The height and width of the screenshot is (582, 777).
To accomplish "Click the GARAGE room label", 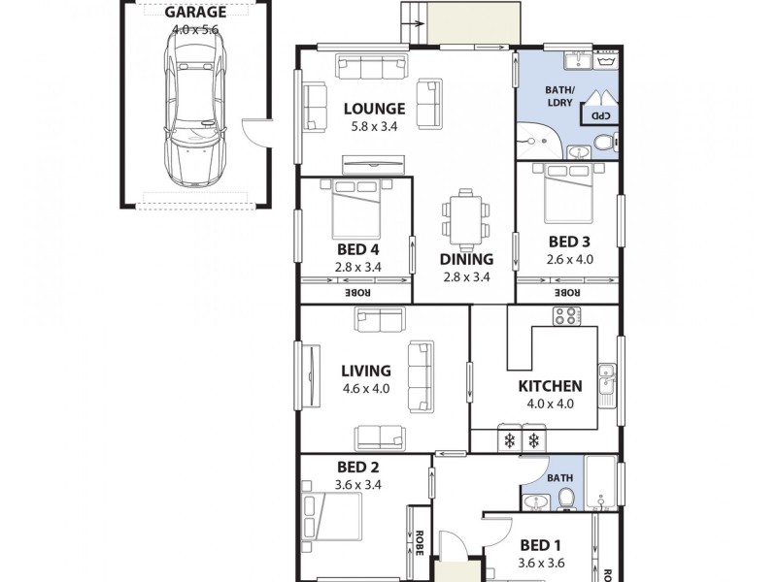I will (195, 14).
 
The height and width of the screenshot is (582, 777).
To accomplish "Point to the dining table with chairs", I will (465, 217).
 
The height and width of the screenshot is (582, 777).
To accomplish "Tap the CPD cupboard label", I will (601, 115).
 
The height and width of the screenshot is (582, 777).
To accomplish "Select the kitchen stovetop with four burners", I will (565, 316).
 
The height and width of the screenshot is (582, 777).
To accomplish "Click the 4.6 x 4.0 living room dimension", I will (365, 388).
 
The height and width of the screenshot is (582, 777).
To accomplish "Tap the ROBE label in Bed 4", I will (355, 291).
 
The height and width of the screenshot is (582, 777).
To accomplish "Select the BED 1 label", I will (540, 544).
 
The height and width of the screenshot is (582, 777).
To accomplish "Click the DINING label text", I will (466, 259).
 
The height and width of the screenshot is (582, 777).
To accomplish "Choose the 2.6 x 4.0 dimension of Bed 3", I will (569, 259).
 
